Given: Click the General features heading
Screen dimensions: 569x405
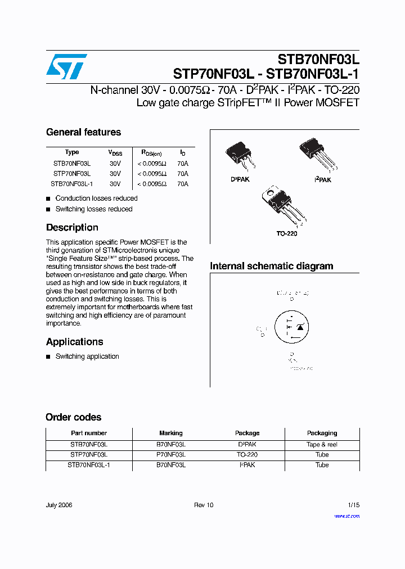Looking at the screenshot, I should pos(83,132).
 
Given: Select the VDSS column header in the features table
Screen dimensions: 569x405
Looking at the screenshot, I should pos(115,152).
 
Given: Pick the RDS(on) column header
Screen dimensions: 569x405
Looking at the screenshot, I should pos(151,152).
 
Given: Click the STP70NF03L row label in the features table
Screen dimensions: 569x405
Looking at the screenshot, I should pos(72,174).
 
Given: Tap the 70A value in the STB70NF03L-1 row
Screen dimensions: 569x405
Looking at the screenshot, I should pos(183,184).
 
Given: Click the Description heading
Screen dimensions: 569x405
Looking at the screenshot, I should pos(72,228).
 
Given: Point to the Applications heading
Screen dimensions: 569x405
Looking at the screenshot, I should pos(74,342).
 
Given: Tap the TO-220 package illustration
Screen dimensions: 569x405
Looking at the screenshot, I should pos(281,205).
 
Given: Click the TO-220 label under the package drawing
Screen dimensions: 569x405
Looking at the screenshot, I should pos(286,233).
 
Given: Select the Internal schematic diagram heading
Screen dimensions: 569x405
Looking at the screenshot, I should pos(271,266).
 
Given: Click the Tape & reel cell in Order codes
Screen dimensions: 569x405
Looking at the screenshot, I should pos(322,444).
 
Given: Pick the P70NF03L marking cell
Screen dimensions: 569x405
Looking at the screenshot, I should pos(170,454).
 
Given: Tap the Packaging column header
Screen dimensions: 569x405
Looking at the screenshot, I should pos(322,433).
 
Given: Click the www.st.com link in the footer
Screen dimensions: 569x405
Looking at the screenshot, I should pos(346,516).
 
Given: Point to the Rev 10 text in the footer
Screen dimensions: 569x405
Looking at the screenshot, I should pos(204,505).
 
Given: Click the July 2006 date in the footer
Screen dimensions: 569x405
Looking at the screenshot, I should pos(59,505).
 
